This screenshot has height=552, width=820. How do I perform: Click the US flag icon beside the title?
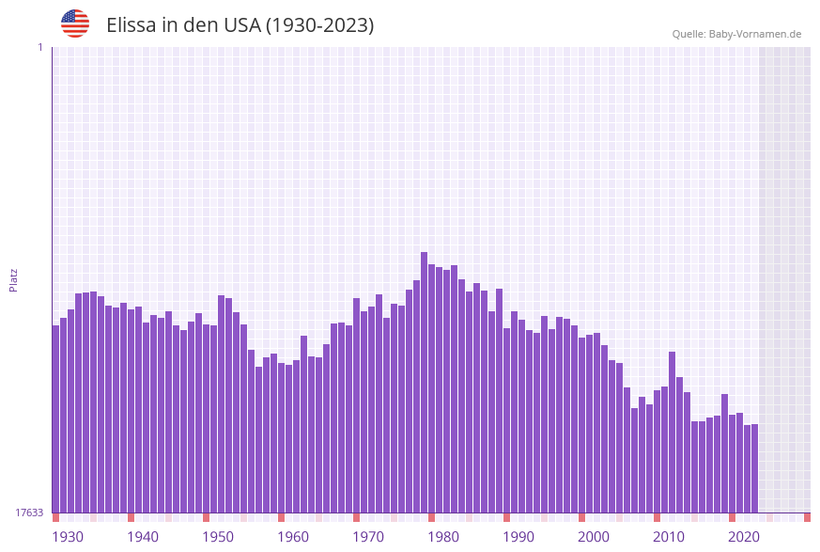pos(75,24)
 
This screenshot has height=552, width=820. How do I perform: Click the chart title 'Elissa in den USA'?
pos(240,25)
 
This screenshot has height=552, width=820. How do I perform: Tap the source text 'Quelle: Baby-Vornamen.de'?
pos(736,34)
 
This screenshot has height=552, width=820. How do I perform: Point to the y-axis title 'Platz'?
pos(14,279)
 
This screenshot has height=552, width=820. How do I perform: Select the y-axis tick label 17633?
pos(29,513)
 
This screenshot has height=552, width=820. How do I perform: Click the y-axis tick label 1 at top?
pos(39,47)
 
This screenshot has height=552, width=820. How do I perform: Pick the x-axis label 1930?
pos(68,537)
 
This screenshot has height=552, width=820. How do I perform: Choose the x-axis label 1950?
pos(218,537)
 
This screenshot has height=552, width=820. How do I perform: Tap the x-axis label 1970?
pos(368,537)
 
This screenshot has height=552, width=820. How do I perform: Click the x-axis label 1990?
pos(518,537)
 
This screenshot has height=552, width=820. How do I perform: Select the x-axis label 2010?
pos(669,537)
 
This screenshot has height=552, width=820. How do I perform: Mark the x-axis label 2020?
pos(744,537)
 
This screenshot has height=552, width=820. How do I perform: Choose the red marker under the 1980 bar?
pos(431,517)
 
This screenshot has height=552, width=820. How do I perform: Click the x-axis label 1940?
pos(143,537)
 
